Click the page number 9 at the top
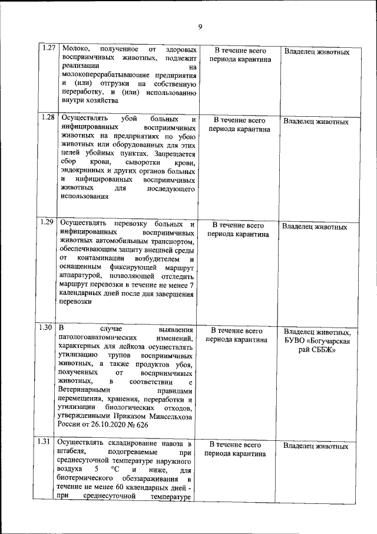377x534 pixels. [x=200, y=27]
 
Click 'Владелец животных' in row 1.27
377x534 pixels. [x=316, y=52]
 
